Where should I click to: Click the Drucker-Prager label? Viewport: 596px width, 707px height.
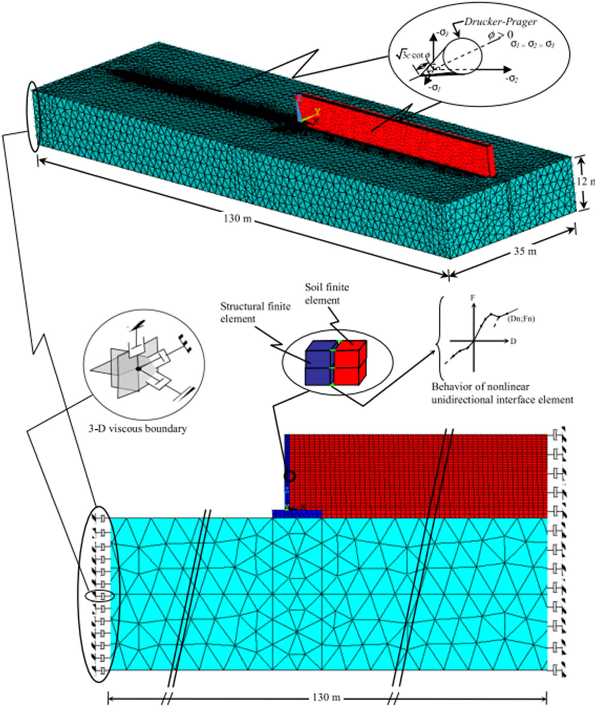point(500,22)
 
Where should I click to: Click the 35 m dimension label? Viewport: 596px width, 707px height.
point(525,251)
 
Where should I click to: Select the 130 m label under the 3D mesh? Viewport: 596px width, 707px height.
point(237,218)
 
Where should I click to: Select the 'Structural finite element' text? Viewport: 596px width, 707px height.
point(255,312)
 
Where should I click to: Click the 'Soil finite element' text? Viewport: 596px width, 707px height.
point(327,294)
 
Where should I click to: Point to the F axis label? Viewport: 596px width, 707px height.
point(472,298)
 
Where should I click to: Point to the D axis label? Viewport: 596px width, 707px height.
point(513,341)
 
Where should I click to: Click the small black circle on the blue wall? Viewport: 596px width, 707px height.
point(290,476)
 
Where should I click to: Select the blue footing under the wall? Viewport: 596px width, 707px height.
point(297,514)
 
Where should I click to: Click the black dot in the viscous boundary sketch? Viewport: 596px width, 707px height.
point(138,369)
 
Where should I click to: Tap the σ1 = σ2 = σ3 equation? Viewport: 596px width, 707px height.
point(532,44)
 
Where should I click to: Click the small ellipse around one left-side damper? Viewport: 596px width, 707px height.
point(100,596)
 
